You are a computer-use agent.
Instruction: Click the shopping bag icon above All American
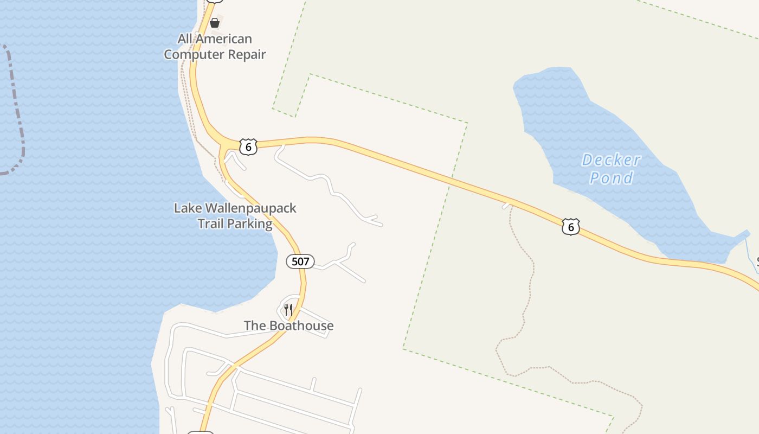(x=215, y=22)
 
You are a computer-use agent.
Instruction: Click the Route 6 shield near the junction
(x=248, y=146)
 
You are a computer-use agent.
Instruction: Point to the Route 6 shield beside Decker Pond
(x=570, y=226)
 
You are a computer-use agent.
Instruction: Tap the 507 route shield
(x=300, y=261)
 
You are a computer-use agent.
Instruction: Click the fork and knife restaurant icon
(x=288, y=310)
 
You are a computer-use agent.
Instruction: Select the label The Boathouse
(x=288, y=325)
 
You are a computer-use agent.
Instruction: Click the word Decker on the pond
(x=611, y=160)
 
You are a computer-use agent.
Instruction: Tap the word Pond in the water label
(x=612, y=178)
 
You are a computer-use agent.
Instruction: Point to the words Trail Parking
(x=235, y=224)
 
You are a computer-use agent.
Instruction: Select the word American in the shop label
(x=224, y=39)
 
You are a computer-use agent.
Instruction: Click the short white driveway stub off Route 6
(x=507, y=205)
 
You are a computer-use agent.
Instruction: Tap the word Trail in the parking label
(x=211, y=224)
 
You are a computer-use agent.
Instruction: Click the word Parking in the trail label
(x=250, y=224)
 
